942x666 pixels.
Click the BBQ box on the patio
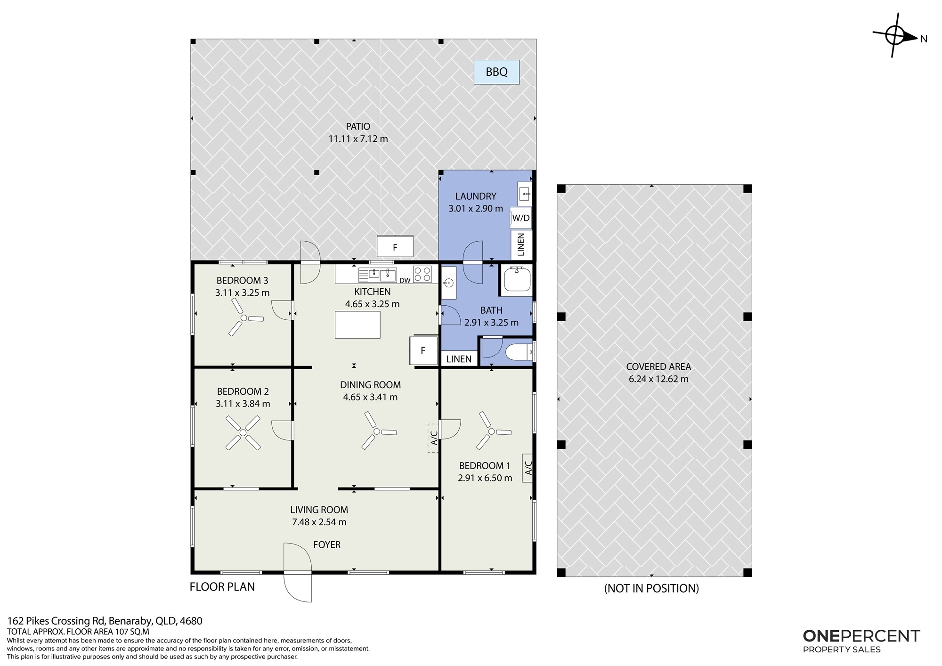(x=496, y=72)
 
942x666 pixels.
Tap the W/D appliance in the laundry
(x=521, y=218)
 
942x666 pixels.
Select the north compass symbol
(x=894, y=35)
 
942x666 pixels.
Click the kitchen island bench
(x=357, y=325)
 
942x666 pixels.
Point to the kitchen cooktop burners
(x=422, y=274)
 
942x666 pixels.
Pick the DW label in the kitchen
(x=405, y=281)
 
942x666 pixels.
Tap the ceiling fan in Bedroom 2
(x=243, y=432)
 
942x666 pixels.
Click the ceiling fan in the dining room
(x=377, y=430)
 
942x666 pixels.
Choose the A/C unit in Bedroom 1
(x=528, y=468)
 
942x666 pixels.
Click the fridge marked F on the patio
(x=395, y=247)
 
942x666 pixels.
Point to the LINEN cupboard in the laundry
(x=521, y=245)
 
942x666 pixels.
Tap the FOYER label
(x=327, y=544)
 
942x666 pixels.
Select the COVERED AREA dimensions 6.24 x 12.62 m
(x=658, y=379)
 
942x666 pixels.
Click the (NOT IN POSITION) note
(x=651, y=588)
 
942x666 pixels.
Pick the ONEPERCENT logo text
(x=861, y=636)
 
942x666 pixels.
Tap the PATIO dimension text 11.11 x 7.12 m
(x=358, y=138)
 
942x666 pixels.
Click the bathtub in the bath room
(x=516, y=280)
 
